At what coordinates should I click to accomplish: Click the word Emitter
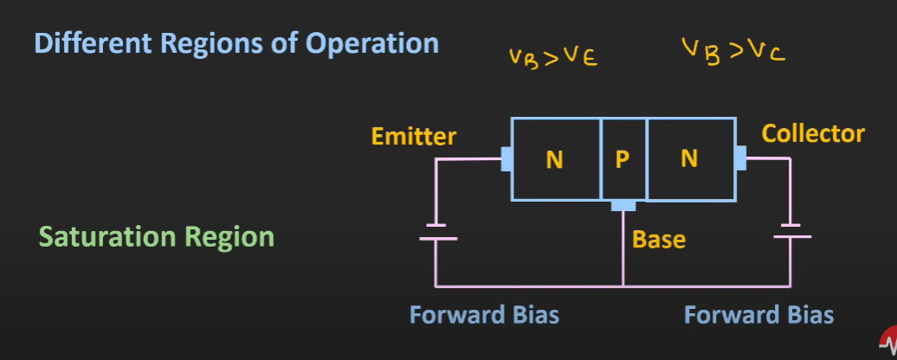point(413,137)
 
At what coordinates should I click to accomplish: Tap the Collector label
point(812,134)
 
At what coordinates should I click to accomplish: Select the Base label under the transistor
point(658,240)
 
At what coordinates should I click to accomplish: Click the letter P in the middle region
point(623,159)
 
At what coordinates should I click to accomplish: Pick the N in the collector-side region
point(689,159)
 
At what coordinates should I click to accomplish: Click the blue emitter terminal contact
point(506,159)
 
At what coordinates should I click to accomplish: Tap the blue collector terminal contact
point(740,158)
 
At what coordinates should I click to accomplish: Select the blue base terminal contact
point(623,206)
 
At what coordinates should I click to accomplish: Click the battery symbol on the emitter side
point(437,234)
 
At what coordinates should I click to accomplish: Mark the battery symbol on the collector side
point(790,232)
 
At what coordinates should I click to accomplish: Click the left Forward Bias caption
point(484,314)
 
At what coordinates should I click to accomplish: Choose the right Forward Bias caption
point(758,314)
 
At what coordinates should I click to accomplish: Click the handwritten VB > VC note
point(732,52)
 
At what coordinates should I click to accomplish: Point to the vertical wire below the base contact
point(623,251)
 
